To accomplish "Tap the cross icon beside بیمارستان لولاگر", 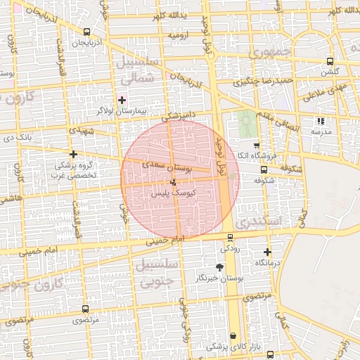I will [x=122, y=101].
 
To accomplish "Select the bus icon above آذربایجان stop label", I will [x=86, y=32].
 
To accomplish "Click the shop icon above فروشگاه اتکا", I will [x=257, y=145].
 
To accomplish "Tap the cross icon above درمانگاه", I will [x=267, y=252].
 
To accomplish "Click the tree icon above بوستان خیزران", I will [x=219, y=267].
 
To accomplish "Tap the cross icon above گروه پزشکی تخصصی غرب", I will [x=73, y=154].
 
